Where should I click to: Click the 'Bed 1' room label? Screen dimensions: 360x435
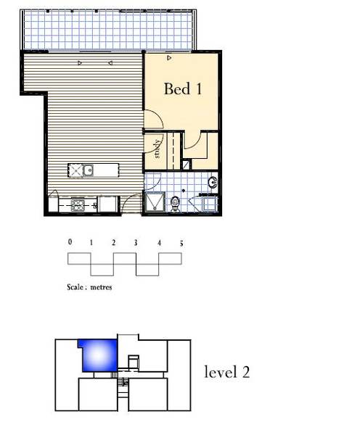tap(183, 88)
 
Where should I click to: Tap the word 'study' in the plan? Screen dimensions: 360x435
tap(157, 149)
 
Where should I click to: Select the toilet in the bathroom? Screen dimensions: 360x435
tap(175, 204)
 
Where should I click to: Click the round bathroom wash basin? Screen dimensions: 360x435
tap(213, 182)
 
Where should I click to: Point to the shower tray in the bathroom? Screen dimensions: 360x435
tap(154, 202)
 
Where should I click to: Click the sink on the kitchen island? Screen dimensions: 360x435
tap(89, 170)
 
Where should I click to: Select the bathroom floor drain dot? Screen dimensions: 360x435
tap(184, 191)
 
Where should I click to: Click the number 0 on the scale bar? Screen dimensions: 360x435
tap(70, 242)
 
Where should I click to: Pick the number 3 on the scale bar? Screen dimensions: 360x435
tap(136, 243)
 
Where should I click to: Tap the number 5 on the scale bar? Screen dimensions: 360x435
tap(181, 244)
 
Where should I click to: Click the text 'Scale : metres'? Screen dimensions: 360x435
tap(89, 287)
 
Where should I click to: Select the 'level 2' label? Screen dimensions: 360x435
tap(227, 372)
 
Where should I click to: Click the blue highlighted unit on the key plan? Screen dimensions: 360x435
tap(99, 355)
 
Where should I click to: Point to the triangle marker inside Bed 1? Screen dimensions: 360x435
tap(169, 58)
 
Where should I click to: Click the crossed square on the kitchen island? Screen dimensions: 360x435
tap(75, 170)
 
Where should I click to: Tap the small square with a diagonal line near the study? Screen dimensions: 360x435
tap(187, 165)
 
